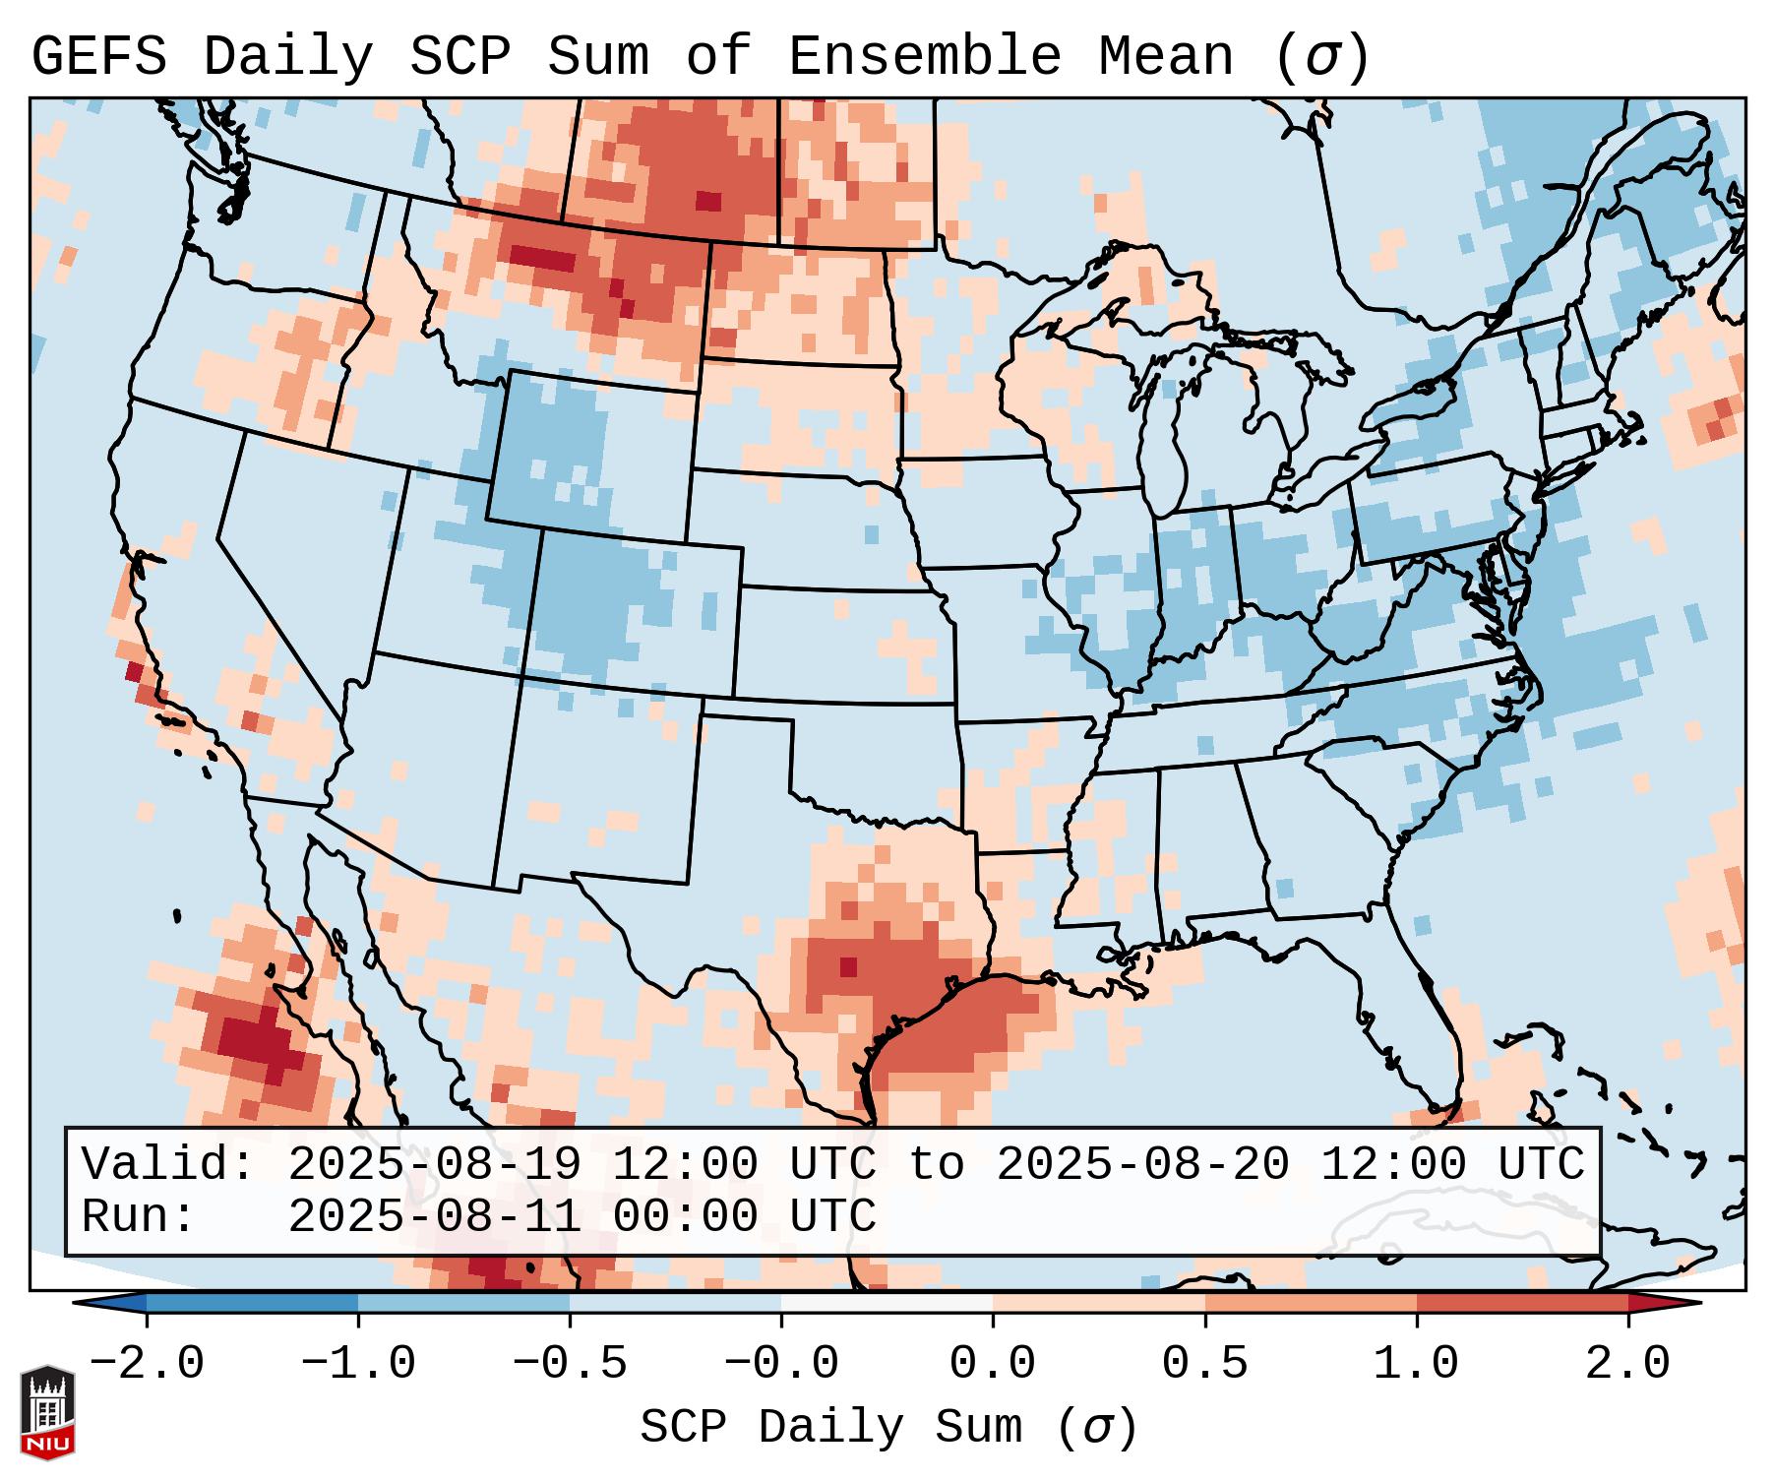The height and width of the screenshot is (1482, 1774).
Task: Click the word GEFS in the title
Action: point(98,56)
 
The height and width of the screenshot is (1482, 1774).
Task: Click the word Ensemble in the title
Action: point(925,56)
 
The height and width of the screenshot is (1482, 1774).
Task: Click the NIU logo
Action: point(47,1412)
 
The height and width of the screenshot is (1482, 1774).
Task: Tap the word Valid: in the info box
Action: point(168,1164)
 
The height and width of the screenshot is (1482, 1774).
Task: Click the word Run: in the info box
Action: point(139,1216)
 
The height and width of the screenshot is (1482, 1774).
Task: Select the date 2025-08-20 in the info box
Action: point(1142,1164)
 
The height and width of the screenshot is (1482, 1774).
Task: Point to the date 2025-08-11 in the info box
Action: point(434,1216)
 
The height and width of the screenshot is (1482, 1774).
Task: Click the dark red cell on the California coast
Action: point(134,672)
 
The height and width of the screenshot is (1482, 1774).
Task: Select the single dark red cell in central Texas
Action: point(848,966)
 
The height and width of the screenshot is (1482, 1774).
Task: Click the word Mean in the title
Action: point(1166,56)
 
